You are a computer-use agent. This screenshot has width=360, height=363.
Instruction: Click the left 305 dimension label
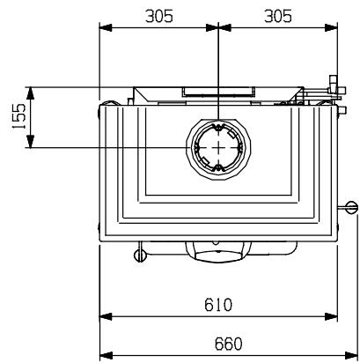(x=159, y=16)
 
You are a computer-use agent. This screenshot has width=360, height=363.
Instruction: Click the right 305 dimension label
(x=278, y=16)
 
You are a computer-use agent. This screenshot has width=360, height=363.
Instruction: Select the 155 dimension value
(x=18, y=116)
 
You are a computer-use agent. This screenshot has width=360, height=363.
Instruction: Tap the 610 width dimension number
(x=218, y=305)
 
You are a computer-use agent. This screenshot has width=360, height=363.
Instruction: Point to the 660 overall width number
(x=228, y=344)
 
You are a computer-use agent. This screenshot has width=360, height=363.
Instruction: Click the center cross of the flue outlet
(x=218, y=147)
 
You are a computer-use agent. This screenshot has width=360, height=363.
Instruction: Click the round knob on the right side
(x=352, y=207)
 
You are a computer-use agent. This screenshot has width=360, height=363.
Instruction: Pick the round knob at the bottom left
(x=140, y=256)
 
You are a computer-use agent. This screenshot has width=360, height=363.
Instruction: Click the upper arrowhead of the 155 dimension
(x=31, y=93)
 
